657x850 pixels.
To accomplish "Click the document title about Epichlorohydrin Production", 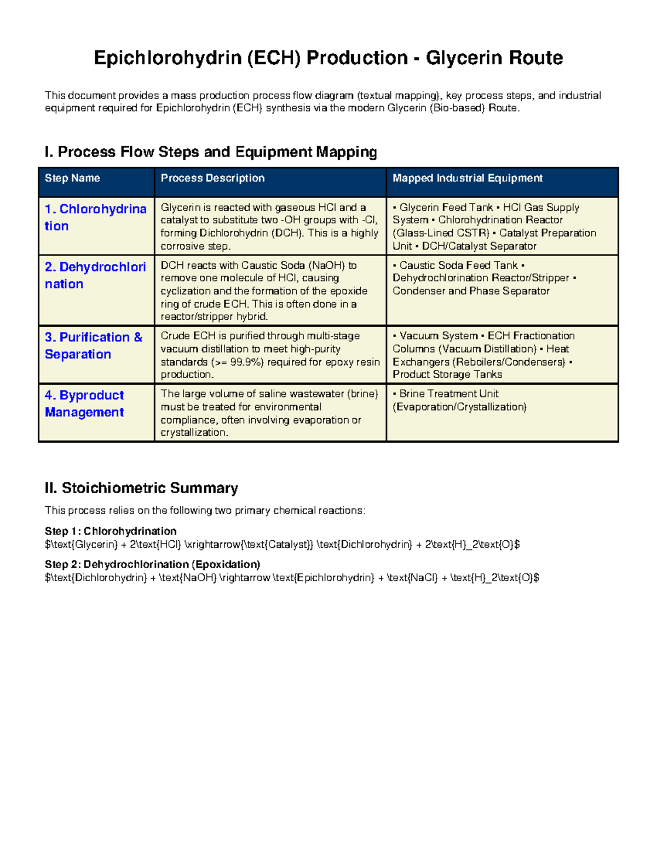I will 328,58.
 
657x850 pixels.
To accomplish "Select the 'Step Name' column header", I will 72,178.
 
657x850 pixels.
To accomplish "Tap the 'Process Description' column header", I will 212,178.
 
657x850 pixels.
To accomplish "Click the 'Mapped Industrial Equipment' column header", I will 468,178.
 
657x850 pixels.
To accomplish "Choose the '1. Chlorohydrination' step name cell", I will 95,217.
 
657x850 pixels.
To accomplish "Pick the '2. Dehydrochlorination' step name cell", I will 95,275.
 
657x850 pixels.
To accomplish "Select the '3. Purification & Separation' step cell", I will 94,345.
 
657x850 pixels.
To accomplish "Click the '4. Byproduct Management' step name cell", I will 84,403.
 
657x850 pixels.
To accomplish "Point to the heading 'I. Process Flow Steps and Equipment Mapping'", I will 211,152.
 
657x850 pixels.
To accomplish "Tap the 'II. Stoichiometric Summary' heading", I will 141,488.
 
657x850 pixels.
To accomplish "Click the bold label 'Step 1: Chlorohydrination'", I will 111,531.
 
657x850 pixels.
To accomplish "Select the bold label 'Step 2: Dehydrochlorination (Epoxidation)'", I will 152,564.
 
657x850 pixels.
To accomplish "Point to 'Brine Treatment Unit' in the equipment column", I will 448,394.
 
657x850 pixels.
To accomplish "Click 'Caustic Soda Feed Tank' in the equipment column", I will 458,265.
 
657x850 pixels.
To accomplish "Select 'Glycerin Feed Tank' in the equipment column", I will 446,207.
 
